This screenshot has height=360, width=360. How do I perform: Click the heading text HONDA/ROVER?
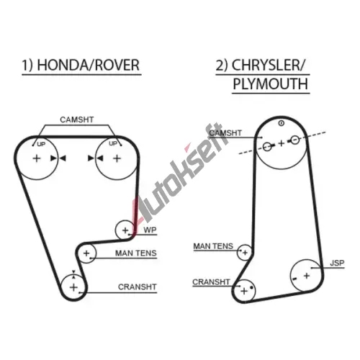click(x=89, y=65)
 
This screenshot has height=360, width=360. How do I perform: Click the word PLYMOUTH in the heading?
click(x=271, y=84)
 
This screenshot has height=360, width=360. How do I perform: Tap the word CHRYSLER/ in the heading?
click(x=268, y=65)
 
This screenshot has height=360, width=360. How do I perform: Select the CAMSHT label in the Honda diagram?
click(x=77, y=120)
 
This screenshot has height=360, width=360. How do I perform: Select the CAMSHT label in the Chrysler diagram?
click(x=225, y=133)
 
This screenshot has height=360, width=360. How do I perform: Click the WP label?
click(x=150, y=230)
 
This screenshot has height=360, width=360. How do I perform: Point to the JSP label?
click(x=337, y=263)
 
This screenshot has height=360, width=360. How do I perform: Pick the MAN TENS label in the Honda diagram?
click(x=136, y=253)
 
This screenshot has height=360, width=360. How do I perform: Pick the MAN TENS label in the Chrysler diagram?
click(x=213, y=246)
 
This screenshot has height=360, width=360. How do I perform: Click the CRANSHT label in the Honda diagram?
click(x=138, y=287)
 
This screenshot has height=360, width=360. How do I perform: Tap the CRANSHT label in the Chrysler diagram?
click(x=211, y=282)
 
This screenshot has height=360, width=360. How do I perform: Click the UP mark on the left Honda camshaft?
click(x=41, y=144)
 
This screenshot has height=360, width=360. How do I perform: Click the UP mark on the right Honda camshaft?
click(x=113, y=143)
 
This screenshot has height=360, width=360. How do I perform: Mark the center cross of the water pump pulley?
click(x=125, y=230)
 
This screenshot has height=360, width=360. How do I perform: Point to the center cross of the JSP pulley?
click(x=307, y=276)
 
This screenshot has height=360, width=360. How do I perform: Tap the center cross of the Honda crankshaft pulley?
click(x=73, y=287)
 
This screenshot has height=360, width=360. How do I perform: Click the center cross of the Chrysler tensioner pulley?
click(x=245, y=253)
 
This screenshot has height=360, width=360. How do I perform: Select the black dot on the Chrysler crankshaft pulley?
click(x=251, y=287)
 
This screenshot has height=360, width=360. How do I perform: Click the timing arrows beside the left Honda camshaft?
click(x=58, y=158)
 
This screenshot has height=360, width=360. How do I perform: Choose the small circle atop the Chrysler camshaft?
click(x=282, y=123)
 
